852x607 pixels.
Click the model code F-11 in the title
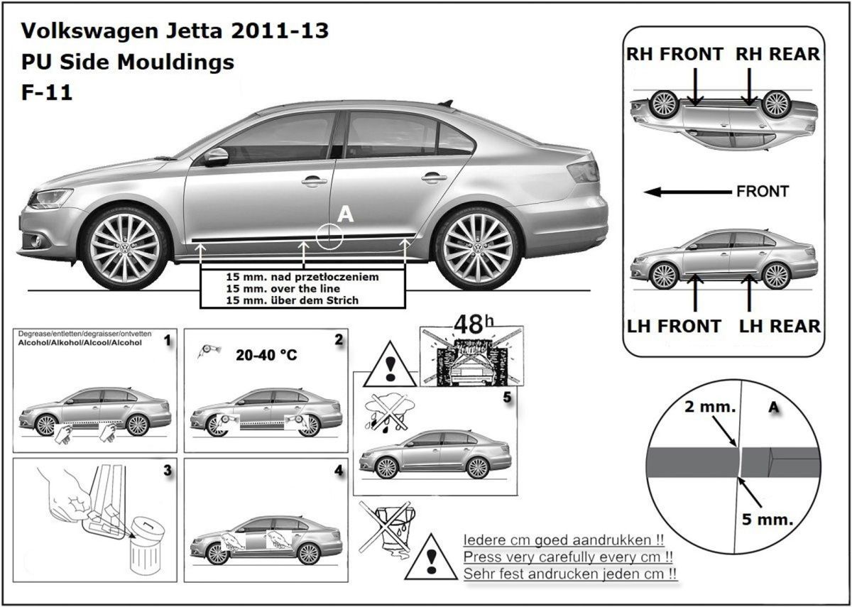[47, 93]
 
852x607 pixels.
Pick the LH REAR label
[780, 326]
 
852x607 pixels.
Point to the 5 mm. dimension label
[767, 519]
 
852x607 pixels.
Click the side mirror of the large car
[216, 157]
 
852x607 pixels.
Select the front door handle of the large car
[314, 181]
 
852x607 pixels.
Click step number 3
[167, 471]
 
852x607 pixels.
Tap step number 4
[338, 471]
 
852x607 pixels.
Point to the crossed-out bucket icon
[383, 529]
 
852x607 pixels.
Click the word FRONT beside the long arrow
[763, 192]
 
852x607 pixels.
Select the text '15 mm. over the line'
[283, 289]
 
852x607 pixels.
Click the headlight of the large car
[50, 198]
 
